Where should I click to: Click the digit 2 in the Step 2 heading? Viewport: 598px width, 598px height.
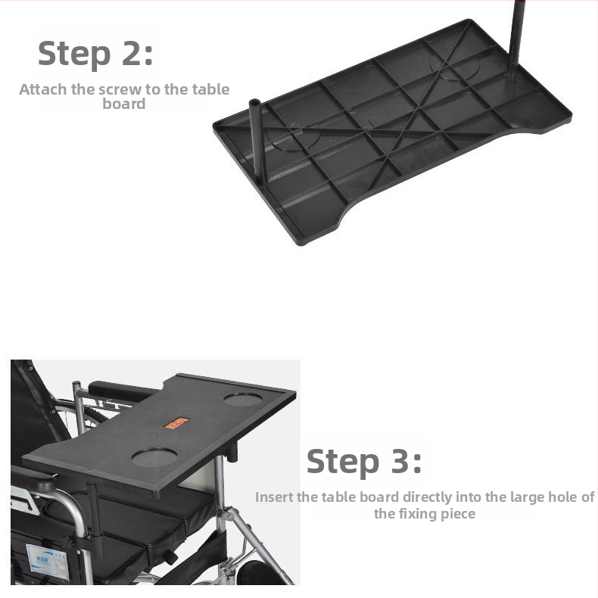coord(132,54)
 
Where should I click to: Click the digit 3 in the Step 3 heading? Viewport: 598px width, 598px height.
coord(400,461)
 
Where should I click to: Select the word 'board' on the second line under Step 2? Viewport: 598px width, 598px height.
coord(124,104)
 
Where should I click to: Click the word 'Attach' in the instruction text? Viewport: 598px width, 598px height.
coord(43,89)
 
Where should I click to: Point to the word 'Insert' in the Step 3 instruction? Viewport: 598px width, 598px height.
coord(275,497)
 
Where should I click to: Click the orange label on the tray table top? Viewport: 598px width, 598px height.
coord(176,423)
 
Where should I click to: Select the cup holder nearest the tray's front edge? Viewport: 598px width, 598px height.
coord(154,456)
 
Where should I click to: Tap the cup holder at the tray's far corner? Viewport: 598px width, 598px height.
coord(243,399)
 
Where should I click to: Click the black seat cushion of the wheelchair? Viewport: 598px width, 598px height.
coord(126,522)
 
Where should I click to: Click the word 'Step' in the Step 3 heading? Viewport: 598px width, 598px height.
coord(342,463)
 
